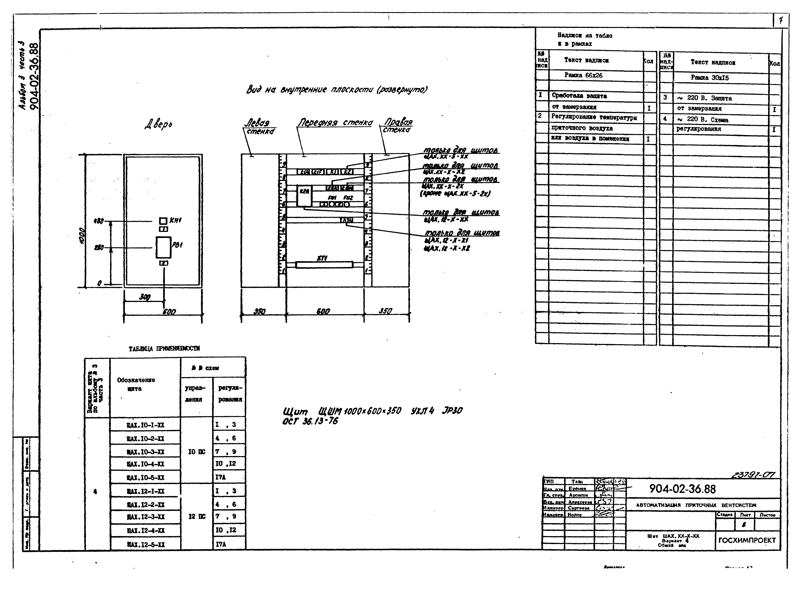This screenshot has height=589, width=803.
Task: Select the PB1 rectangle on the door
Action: [x=163, y=247]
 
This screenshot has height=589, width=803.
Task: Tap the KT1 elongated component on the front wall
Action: [x=324, y=265]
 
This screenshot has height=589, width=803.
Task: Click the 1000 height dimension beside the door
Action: [x=82, y=236]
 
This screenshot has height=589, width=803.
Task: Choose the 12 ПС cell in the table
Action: [x=197, y=517]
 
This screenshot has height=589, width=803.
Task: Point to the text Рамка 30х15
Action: [x=709, y=78]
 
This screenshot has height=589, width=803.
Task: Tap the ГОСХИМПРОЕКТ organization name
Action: [x=747, y=540]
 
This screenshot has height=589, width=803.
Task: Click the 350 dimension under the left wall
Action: [x=260, y=311]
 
